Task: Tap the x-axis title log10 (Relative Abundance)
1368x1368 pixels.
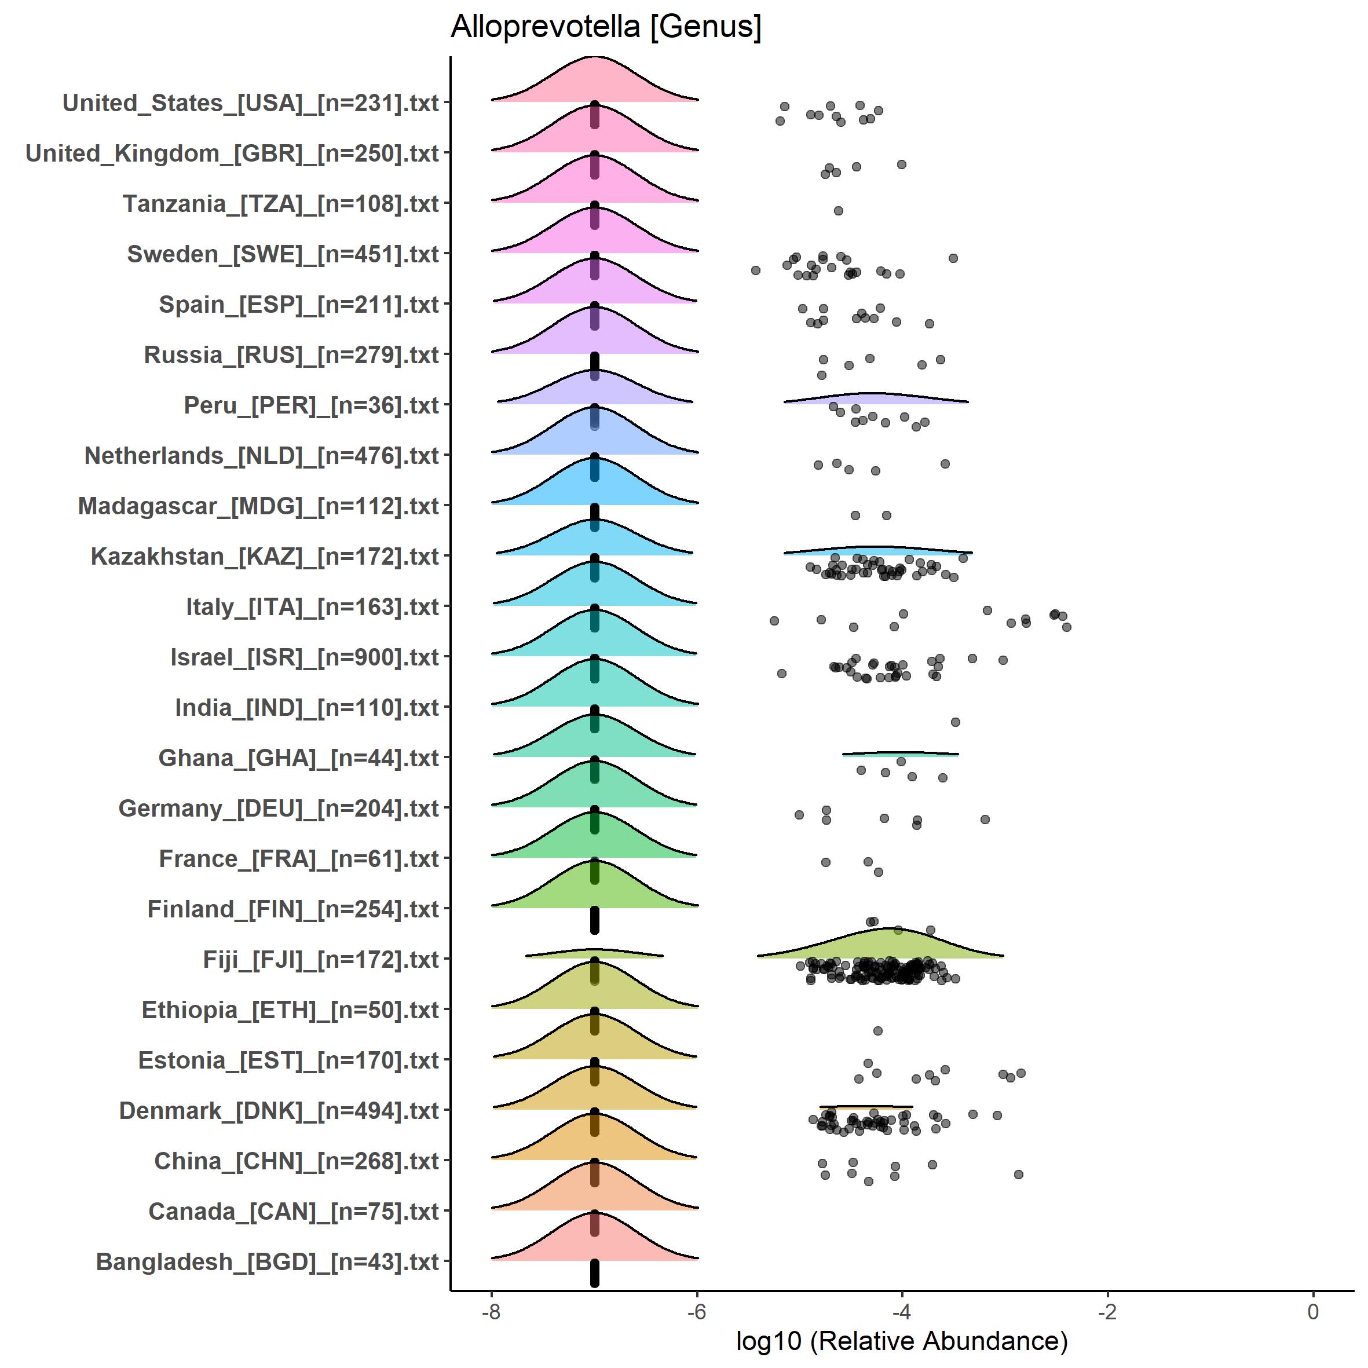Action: [901, 1340]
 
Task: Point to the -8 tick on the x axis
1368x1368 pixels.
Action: [491, 1311]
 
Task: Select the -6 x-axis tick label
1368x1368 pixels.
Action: [697, 1311]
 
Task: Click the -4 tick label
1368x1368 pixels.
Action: [901, 1311]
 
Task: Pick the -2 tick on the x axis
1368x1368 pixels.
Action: [1107, 1311]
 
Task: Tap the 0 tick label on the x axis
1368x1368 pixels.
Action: [1313, 1311]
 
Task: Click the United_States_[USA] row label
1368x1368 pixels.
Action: [251, 103]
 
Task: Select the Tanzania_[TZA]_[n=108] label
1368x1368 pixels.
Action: [280, 204]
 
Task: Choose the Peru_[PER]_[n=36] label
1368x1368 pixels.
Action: [312, 406]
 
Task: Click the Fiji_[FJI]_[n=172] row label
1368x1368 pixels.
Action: [321, 960]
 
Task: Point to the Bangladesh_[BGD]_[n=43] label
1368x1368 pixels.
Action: [267, 1262]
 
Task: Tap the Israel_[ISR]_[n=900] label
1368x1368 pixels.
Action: [305, 657]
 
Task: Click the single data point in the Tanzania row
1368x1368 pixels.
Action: [839, 210]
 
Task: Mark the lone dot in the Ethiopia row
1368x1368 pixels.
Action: [878, 1030]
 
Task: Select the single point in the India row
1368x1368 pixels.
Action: [955, 722]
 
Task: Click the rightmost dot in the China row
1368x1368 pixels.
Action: [1018, 1174]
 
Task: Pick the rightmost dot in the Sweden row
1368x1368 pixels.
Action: [953, 258]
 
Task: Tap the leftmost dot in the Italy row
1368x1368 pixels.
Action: [774, 620]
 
